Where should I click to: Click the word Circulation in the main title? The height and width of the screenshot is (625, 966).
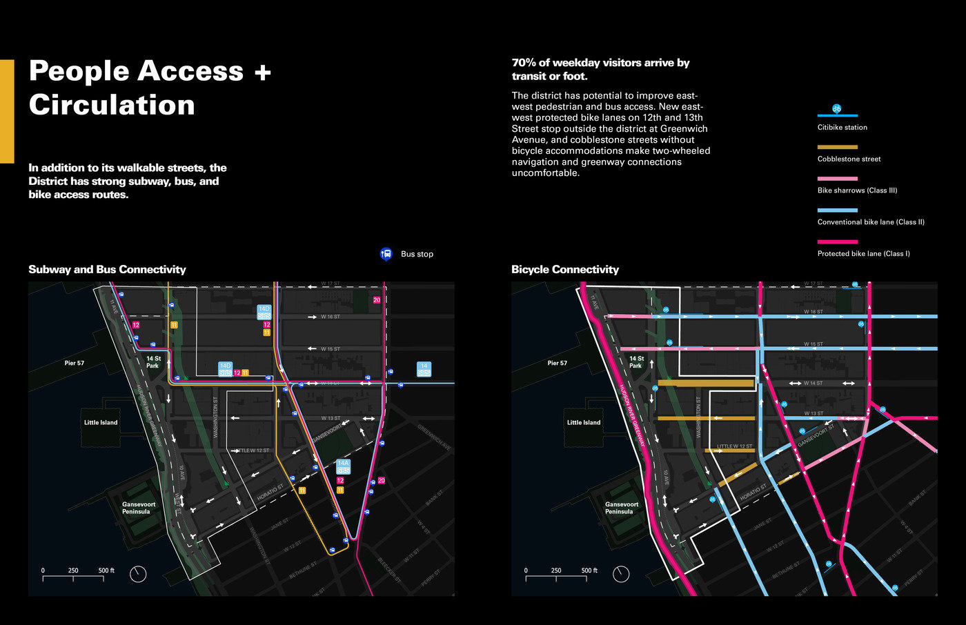point(112,105)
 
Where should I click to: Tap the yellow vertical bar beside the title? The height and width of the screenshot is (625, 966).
point(7,111)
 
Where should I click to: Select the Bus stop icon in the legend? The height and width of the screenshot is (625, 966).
point(386,254)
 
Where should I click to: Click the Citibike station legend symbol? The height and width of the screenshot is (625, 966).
point(836,109)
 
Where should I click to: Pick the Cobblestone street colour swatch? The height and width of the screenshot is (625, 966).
point(837,147)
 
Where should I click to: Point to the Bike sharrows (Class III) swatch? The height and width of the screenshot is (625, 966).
point(837,179)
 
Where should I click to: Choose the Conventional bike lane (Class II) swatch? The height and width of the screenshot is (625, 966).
point(837,210)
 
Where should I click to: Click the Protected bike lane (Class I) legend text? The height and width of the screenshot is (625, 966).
point(863,254)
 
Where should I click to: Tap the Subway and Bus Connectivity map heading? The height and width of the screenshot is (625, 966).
point(107,270)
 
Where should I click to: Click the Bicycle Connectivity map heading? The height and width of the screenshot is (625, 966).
point(564,270)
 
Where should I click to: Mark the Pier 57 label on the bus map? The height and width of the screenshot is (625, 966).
point(75,363)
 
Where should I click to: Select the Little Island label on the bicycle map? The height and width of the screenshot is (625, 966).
point(584,422)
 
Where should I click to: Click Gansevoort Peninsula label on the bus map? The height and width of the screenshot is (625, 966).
point(139,508)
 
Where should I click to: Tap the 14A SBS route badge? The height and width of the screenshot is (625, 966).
point(343,466)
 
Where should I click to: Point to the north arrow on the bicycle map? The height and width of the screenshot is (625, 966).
point(621,574)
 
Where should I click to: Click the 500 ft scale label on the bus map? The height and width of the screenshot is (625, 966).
point(106,571)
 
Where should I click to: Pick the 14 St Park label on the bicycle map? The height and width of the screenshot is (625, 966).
point(636,362)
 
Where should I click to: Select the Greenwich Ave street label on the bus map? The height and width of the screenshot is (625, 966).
point(434,437)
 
